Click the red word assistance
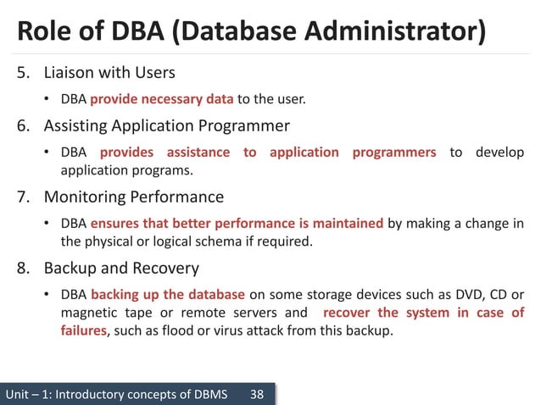[198, 153]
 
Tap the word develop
[499, 153]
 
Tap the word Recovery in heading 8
[165, 269]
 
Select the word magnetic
[89, 313]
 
